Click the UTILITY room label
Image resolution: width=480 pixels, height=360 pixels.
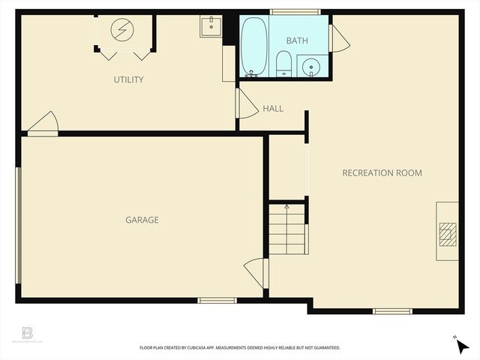(x=128, y=79)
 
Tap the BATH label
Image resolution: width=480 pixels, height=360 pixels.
(x=296, y=39)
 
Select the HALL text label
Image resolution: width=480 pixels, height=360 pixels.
(x=273, y=109)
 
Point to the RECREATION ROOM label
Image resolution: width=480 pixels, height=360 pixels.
(x=382, y=173)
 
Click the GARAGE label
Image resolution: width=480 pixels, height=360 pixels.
(x=142, y=220)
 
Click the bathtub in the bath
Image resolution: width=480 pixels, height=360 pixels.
(x=253, y=46)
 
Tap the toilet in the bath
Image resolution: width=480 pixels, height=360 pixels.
(x=283, y=64)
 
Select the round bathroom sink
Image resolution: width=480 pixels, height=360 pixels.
(x=311, y=67)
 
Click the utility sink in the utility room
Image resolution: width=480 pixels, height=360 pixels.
(x=211, y=26)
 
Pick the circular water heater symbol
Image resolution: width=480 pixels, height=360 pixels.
(x=121, y=30)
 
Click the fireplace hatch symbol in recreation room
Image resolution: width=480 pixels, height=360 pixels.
(x=447, y=235)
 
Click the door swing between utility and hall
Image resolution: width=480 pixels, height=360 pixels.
(x=245, y=105)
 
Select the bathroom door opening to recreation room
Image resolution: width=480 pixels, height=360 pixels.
(x=338, y=39)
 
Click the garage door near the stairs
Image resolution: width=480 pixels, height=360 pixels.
(x=256, y=272)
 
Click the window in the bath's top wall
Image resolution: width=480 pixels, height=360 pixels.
(x=295, y=12)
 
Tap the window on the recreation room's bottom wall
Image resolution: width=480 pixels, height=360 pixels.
(x=392, y=310)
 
